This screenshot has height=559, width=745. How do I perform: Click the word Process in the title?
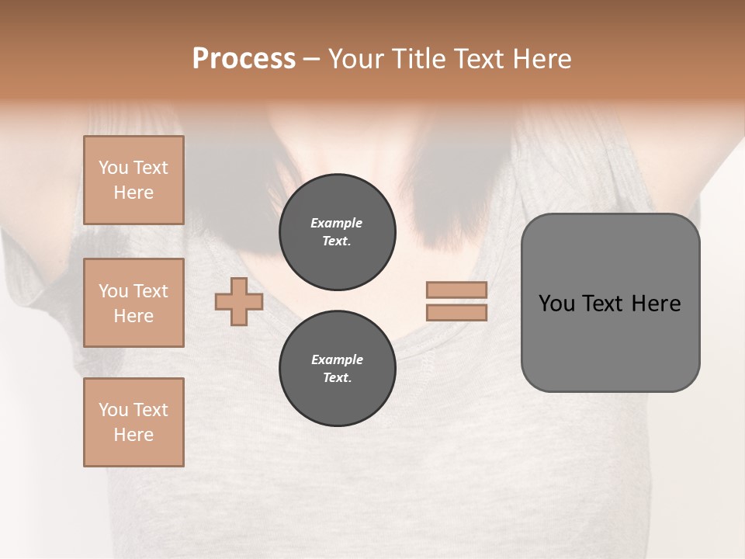coord(244,59)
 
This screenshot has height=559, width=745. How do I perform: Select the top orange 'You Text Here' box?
coord(133,180)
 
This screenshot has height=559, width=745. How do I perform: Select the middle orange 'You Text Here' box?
coord(133,303)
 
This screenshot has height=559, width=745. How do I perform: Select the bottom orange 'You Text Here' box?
coord(133,422)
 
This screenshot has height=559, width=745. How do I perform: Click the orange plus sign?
coord(239,301)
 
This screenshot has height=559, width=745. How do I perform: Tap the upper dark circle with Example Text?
coord(337,232)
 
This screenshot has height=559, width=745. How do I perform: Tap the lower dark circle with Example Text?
coord(337,369)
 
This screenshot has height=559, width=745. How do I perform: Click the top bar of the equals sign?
coord(456,290)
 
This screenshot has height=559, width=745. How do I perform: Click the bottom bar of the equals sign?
coord(456,313)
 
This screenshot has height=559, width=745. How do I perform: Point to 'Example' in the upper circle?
coord(337,223)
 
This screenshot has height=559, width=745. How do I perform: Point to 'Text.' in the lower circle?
coord(337,378)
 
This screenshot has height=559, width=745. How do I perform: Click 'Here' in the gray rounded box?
coord(657,304)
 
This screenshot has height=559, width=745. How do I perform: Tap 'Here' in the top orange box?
coord(133,193)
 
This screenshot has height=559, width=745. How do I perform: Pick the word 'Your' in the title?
coord(355,59)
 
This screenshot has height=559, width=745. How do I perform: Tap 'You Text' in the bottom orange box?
coord(133,410)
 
